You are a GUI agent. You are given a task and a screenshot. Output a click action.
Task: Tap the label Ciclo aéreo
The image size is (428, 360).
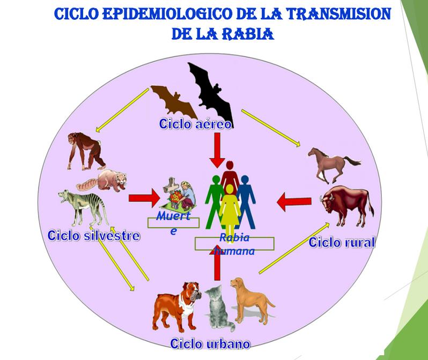tap(195, 124)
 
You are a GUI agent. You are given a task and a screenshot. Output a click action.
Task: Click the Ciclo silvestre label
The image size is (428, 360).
tap(94, 235)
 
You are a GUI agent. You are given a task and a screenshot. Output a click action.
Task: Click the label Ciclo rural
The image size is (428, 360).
tap(342, 242)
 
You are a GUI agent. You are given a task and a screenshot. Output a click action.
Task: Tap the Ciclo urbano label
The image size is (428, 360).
tap(210, 343)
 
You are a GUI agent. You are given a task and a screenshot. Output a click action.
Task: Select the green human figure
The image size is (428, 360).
tap(215, 198)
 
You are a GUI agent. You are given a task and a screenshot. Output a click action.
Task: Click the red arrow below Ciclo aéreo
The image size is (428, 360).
tap(217, 149)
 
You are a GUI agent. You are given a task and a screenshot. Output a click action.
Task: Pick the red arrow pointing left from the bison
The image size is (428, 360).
tap(294, 202)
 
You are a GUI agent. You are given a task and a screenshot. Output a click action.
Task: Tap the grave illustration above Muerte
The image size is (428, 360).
tap(179, 193)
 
